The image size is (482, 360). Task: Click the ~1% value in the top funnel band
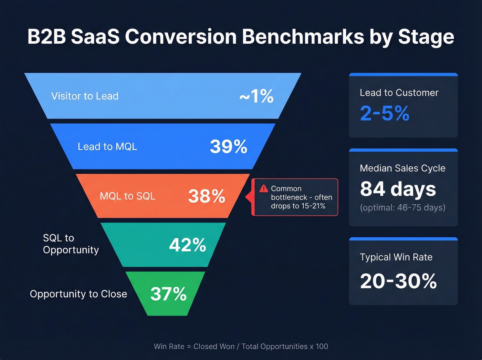point(256,96)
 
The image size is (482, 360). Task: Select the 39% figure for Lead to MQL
point(229,147)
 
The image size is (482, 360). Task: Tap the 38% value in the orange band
point(207,196)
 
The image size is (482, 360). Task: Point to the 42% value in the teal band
point(188,245)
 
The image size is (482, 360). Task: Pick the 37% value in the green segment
point(168,294)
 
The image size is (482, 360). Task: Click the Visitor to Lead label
point(85,96)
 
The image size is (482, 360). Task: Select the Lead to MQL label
point(107,147)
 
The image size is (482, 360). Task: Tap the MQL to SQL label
point(127,196)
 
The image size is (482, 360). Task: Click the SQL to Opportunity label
point(71,244)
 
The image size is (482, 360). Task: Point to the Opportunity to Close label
point(78,294)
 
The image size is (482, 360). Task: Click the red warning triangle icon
point(264,188)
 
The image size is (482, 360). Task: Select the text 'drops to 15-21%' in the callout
point(298,206)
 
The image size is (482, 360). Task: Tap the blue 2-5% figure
point(385,113)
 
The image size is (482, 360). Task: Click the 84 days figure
point(398,189)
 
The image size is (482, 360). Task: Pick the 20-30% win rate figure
point(398,281)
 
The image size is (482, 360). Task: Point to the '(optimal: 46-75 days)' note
point(402,208)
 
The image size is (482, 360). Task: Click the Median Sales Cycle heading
point(402,168)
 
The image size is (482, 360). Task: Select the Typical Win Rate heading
point(396,257)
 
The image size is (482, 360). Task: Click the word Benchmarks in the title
point(303,37)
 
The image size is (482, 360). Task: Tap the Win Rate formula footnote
point(241,347)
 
